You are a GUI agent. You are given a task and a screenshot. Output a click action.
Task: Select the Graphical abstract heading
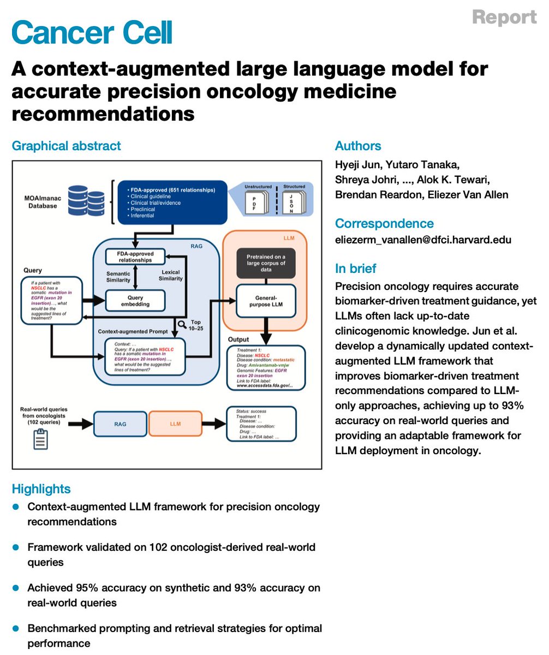(x=67, y=146)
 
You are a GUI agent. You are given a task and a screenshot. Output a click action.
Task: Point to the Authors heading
(x=358, y=146)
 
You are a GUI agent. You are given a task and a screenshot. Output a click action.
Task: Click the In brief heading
(x=356, y=269)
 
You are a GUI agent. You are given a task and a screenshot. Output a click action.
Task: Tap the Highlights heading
(x=41, y=489)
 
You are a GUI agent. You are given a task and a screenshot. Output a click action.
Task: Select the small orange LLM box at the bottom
(x=175, y=423)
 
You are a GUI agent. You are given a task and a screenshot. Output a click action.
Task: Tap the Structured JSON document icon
(x=294, y=201)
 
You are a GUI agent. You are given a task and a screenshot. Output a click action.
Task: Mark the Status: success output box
(x=261, y=423)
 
